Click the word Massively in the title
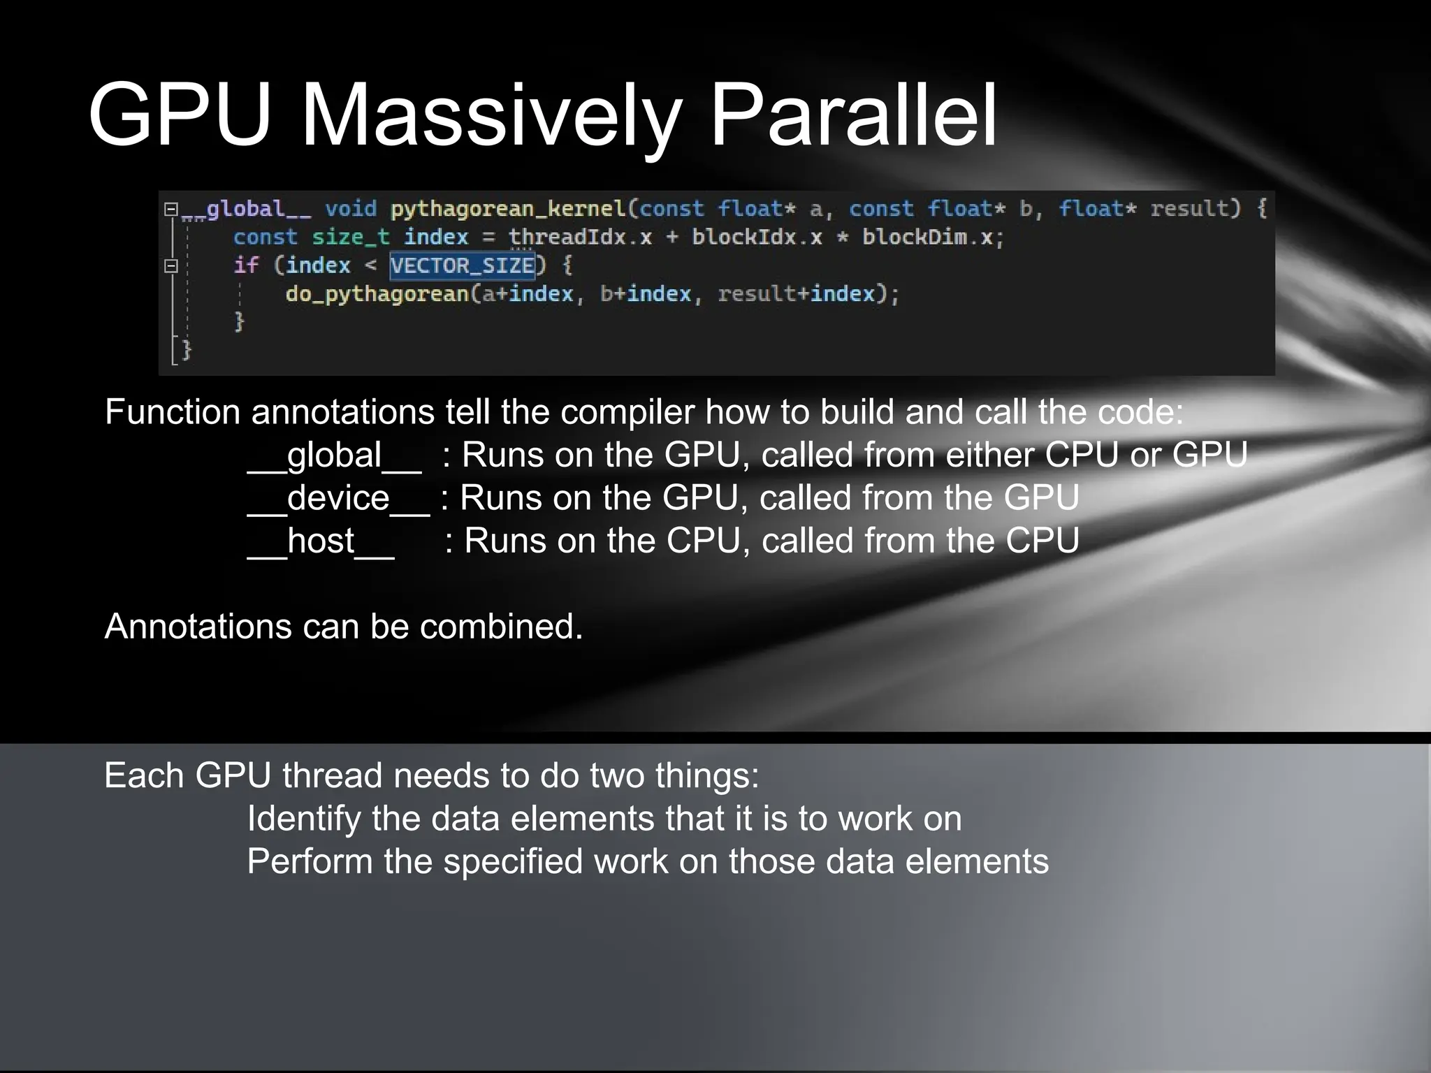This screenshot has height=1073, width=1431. [x=490, y=115]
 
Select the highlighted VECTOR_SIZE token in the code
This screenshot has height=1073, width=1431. [x=463, y=265]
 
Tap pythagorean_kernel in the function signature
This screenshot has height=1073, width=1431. [x=508, y=209]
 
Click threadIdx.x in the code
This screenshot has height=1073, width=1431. [x=580, y=238]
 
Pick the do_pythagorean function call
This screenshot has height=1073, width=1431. [x=377, y=293]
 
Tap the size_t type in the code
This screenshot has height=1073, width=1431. [x=350, y=238]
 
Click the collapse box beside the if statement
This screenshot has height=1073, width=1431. [x=171, y=265]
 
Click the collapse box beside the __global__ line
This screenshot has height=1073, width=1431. [x=171, y=209]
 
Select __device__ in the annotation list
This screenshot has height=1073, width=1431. [x=338, y=498]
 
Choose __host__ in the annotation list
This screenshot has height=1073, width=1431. [x=321, y=541]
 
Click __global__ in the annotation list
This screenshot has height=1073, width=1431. [x=334, y=455]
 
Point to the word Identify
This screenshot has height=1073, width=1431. [x=303, y=818]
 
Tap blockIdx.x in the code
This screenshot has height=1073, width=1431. [x=757, y=238]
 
